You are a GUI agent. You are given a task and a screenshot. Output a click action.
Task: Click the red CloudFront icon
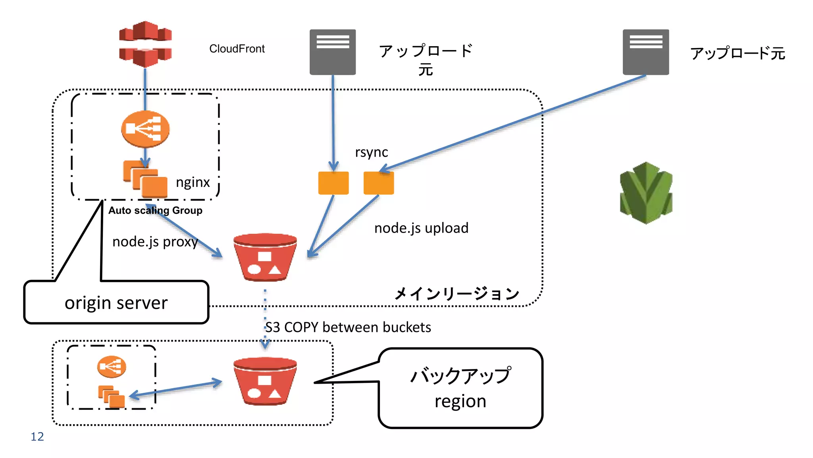[x=145, y=44]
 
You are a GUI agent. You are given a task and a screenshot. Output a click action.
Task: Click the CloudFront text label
[x=237, y=49]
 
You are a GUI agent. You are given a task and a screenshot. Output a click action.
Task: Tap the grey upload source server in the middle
[x=333, y=52]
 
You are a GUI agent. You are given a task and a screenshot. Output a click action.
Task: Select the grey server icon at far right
[x=645, y=52]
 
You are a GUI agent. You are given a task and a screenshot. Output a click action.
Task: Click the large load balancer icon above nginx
[x=145, y=129]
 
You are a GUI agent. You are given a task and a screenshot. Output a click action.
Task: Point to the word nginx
[x=193, y=182]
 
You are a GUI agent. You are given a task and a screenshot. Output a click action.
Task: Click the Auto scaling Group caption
[x=155, y=210]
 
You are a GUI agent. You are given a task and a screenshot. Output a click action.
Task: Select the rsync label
[x=371, y=152]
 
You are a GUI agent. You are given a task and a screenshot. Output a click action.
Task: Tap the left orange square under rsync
[x=333, y=183]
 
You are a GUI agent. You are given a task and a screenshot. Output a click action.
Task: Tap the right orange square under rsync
[x=379, y=183]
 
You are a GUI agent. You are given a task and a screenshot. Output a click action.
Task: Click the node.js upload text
[x=421, y=228]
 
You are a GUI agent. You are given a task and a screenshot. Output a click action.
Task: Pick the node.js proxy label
[x=155, y=242]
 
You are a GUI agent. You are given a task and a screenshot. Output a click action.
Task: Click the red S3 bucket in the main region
[x=265, y=257]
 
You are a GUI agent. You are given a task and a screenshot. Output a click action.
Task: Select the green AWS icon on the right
[x=646, y=193]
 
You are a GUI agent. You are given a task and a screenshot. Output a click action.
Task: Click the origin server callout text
[x=116, y=303]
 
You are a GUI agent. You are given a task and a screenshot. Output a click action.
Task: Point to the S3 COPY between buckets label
[x=348, y=327]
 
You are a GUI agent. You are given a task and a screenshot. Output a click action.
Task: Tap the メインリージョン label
[x=457, y=294]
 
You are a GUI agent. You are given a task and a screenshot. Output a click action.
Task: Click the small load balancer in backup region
[x=112, y=367]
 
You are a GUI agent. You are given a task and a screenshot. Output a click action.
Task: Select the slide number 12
[x=37, y=437]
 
